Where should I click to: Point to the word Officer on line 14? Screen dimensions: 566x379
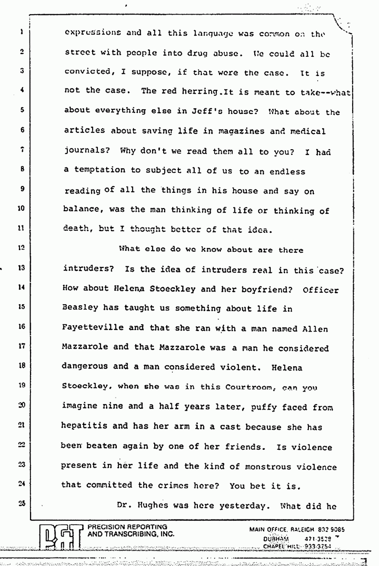tap(321, 290)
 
